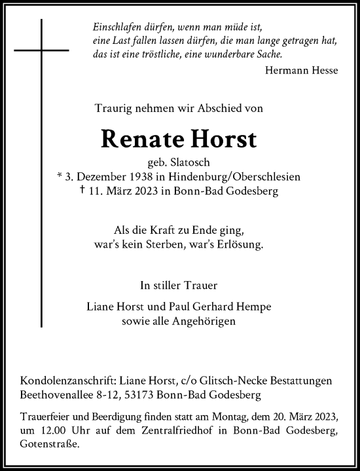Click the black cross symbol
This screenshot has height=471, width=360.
coord(44,50)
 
